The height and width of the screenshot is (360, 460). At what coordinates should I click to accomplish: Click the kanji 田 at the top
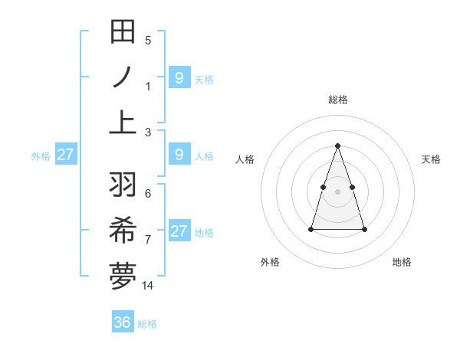[123, 32]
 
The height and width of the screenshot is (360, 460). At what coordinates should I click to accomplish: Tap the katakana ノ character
[123, 77]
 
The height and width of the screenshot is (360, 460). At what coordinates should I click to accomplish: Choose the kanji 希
[123, 231]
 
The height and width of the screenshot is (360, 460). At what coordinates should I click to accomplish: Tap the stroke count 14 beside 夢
[148, 285]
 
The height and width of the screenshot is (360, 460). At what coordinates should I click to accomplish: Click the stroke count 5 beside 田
[148, 41]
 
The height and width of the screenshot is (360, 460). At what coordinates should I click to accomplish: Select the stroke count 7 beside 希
[148, 240]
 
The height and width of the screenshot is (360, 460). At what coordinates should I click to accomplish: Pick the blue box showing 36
[123, 322]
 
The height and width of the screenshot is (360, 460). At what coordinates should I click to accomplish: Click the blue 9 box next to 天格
[179, 77]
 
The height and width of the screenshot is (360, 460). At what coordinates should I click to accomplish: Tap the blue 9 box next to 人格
[179, 155]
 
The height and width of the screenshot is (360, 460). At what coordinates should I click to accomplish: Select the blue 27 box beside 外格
[65, 155]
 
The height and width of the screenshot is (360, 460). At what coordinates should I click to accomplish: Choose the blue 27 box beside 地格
[179, 231]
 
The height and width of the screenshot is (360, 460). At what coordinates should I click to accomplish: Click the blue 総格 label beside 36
[147, 324]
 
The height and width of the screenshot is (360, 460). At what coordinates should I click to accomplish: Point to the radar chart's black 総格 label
[337, 100]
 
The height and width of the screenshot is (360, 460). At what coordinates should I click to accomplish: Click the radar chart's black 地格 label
[402, 262]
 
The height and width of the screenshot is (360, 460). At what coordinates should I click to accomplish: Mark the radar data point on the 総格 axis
[337, 146]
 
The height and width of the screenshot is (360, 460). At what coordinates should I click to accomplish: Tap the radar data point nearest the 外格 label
[310, 229]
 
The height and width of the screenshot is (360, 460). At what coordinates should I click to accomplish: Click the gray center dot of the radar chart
[337, 191]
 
